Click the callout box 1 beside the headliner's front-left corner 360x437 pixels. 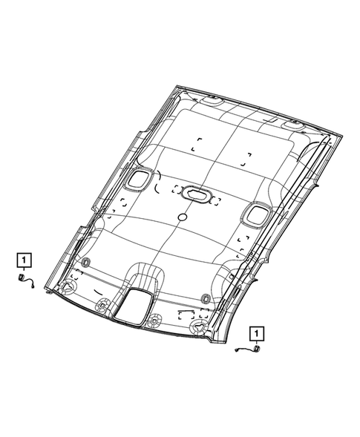click(x=24, y=260)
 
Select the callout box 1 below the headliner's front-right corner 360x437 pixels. click(x=257, y=334)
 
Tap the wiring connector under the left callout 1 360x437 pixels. click(x=26, y=281)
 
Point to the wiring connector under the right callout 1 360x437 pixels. click(x=248, y=349)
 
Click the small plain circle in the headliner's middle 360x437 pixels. click(x=183, y=217)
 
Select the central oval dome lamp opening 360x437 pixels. click(x=196, y=194)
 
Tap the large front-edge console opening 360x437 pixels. click(x=134, y=307)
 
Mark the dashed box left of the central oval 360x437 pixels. click(x=177, y=189)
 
